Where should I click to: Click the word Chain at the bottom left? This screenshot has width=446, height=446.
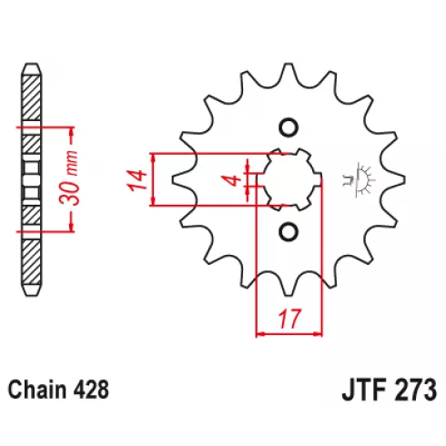click(x=37, y=390)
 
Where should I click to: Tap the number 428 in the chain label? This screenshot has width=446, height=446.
click(x=90, y=390)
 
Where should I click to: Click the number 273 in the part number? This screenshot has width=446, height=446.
click(x=415, y=390)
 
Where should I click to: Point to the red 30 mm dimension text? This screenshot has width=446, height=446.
click(x=69, y=177)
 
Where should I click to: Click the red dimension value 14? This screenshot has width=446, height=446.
click(x=137, y=180)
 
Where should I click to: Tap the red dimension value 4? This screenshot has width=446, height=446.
click(x=233, y=180)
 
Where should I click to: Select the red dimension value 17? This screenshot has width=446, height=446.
click(x=290, y=319)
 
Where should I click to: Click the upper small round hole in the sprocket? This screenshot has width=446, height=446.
click(x=288, y=127)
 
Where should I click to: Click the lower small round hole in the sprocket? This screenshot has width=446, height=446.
click(x=288, y=232)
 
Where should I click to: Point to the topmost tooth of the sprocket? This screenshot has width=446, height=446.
click(x=289, y=71)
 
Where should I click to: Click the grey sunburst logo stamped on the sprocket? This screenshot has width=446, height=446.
click(x=359, y=179)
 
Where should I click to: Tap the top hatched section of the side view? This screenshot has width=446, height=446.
click(x=32, y=97)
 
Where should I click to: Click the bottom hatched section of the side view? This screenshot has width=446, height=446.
click(x=32, y=262)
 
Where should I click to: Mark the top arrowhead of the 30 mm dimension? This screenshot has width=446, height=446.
click(x=72, y=132)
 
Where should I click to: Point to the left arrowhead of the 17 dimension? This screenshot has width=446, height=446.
click(x=261, y=334)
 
